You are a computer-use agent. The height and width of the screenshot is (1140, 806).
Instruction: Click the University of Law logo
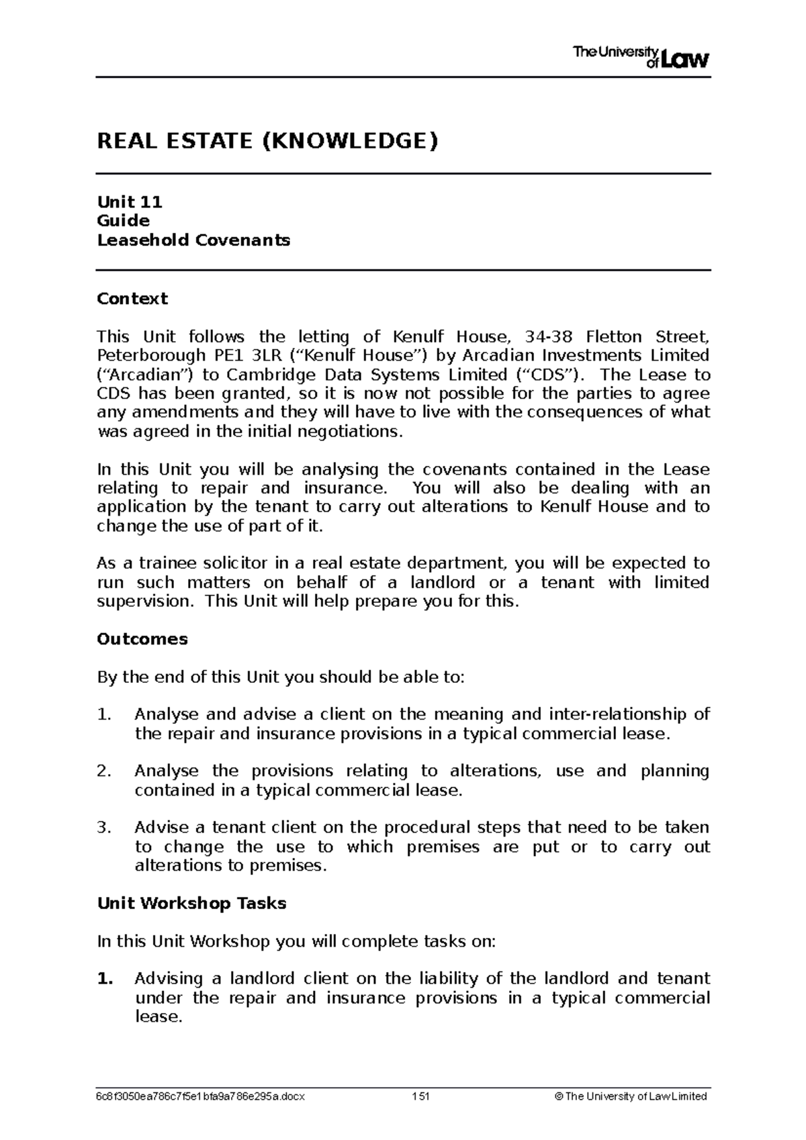pyautogui.click(x=641, y=57)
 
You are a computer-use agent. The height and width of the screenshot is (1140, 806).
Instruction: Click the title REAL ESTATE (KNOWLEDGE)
pyautogui.click(x=267, y=141)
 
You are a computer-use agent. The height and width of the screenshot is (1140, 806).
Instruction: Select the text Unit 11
pyautogui.click(x=130, y=201)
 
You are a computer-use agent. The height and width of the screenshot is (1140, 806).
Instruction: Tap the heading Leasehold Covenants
pyautogui.click(x=193, y=240)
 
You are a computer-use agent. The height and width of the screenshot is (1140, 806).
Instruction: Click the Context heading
pyautogui.click(x=132, y=298)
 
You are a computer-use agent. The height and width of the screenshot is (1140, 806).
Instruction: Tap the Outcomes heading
pyautogui.click(x=142, y=638)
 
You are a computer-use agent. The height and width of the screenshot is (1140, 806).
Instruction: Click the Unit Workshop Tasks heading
pyautogui.click(x=191, y=903)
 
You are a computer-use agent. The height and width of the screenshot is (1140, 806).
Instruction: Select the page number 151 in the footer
pyautogui.click(x=420, y=1096)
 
